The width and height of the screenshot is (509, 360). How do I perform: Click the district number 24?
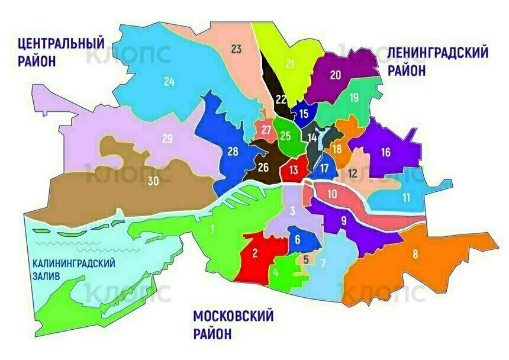(169, 82)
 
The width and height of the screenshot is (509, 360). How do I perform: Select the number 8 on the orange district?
(415, 255)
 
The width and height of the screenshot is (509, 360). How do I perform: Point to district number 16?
(385, 153)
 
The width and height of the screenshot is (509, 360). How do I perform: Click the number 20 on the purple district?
(336, 75)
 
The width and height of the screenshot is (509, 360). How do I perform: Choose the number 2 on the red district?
(254, 253)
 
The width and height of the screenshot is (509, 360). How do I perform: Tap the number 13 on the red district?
(293, 171)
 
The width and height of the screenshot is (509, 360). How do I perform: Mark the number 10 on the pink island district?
(332, 194)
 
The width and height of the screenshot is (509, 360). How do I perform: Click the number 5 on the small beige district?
(305, 259)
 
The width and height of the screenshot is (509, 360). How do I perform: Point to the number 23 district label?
(236, 49)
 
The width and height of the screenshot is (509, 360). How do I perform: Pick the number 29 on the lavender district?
(167, 139)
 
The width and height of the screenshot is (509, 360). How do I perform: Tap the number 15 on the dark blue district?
(304, 114)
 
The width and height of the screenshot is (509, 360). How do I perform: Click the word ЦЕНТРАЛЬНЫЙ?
(61, 43)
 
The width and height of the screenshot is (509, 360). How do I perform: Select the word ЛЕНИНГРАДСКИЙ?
(437, 53)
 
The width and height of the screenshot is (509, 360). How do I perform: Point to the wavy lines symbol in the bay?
(62, 246)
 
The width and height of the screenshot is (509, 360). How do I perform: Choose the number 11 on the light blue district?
(405, 197)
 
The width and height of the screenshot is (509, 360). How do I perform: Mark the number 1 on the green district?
(211, 228)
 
